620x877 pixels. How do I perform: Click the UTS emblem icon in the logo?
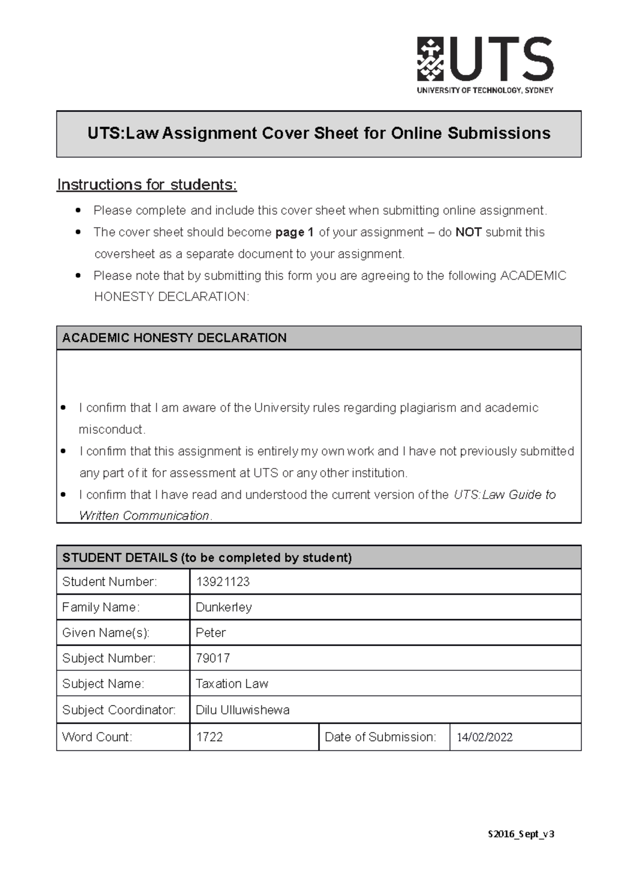(x=430, y=58)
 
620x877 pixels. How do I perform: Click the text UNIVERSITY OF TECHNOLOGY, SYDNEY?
(x=485, y=90)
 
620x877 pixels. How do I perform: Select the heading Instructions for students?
(x=147, y=184)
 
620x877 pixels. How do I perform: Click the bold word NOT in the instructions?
(x=468, y=232)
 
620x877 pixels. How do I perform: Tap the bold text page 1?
(x=295, y=232)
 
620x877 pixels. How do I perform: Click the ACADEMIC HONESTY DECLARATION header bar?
(x=318, y=338)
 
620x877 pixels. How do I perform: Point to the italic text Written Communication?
(x=144, y=515)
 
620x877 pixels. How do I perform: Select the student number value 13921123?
(x=223, y=582)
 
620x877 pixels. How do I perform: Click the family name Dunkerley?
(x=224, y=607)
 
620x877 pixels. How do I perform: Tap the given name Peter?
(x=211, y=633)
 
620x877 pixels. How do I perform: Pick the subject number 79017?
(x=213, y=658)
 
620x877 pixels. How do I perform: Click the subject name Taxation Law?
(x=232, y=684)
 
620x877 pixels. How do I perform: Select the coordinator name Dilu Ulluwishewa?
(x=242, y=710)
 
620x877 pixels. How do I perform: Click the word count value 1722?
(x=209, y=737)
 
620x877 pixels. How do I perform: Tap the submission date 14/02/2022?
(x=485, y=737)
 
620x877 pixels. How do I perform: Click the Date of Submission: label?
(x=380, y=737)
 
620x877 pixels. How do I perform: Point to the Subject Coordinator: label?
(x=119, y=710)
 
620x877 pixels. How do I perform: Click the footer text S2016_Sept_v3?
(x=521, y=834)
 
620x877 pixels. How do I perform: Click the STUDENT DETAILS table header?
(x=207, y=558)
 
